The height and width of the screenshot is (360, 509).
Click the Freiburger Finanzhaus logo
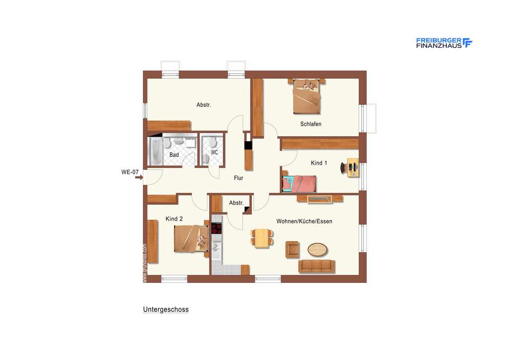pos(444,43)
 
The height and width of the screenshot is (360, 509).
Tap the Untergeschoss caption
pos(166,309)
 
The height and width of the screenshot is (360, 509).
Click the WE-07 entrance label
pos(130,172)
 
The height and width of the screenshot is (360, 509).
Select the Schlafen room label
pos(311,124)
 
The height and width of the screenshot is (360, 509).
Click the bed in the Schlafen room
pos(306,96)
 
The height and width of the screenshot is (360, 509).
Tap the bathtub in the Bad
pos(156,151)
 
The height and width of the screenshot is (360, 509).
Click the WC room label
pos(214,152)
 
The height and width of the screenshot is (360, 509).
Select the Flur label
pos(239,178)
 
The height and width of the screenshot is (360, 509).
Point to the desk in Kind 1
pos(352,168)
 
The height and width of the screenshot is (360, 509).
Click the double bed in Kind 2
pos(191,239)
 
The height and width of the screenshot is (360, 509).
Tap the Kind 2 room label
pos(174,219)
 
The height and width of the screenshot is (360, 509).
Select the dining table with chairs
pos(261,237)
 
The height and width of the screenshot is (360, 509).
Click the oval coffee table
pos(318,248)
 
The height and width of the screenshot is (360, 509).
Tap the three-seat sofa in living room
pos(316,266)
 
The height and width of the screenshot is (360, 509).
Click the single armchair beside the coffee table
pos(292,249)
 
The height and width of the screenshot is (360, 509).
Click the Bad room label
pos(174,155)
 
